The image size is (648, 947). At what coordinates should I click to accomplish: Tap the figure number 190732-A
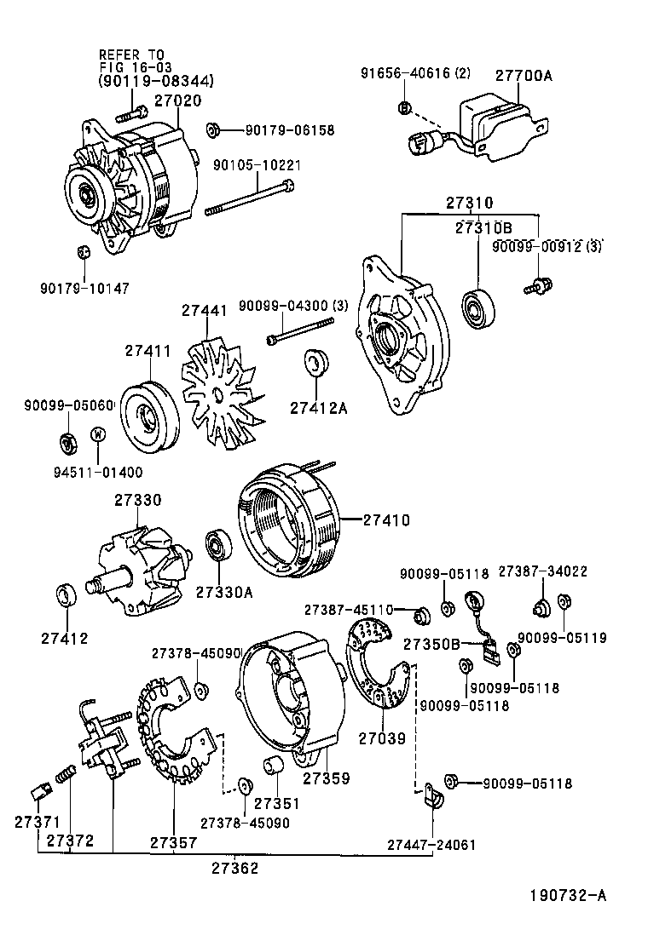(566, 895)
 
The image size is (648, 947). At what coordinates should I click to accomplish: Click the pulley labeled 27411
(148, 417)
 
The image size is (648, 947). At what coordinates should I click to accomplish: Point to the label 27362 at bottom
(234, 868)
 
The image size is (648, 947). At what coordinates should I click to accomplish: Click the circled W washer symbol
(98, 434)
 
